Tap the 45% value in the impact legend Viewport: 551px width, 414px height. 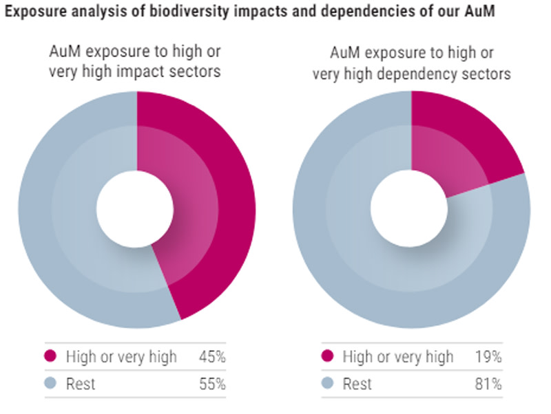(212, 357)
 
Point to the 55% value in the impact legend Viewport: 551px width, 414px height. (212, 384)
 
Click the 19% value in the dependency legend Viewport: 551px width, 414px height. (488, 357)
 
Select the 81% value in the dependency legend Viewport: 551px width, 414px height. (488, 384)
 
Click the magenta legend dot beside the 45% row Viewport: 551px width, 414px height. (50, 357)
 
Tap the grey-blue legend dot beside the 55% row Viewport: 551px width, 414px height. (50, 384)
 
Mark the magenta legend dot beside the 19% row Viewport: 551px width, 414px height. (328, 357)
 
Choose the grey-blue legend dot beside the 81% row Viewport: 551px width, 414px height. (328, 384)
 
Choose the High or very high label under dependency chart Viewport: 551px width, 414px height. (398, 357)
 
